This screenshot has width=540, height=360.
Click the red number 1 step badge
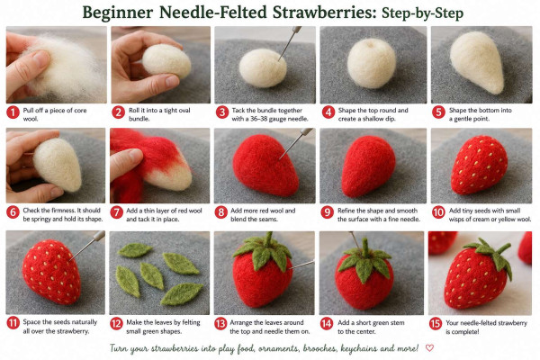[x=13, y=112]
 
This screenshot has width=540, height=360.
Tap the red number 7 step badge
[x=116, y=212]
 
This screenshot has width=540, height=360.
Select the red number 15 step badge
[x=436, y=324]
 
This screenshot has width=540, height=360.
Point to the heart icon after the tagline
[x=429, y=348]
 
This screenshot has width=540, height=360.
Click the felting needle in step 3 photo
[x=289, y=43]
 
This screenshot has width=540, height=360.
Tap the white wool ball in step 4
[x=372, y=63]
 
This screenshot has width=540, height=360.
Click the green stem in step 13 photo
[x=267, y=239]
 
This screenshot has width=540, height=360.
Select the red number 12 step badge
[x=116, y=324]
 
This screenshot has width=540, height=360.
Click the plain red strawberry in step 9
[x=368, y=166]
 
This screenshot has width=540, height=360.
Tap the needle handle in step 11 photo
[x=99, y=235]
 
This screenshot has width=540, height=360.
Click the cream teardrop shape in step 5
[x=477, y=62]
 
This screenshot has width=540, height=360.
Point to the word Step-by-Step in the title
[x=423, y=13]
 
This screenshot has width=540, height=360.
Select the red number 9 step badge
[x=328, y=212]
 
